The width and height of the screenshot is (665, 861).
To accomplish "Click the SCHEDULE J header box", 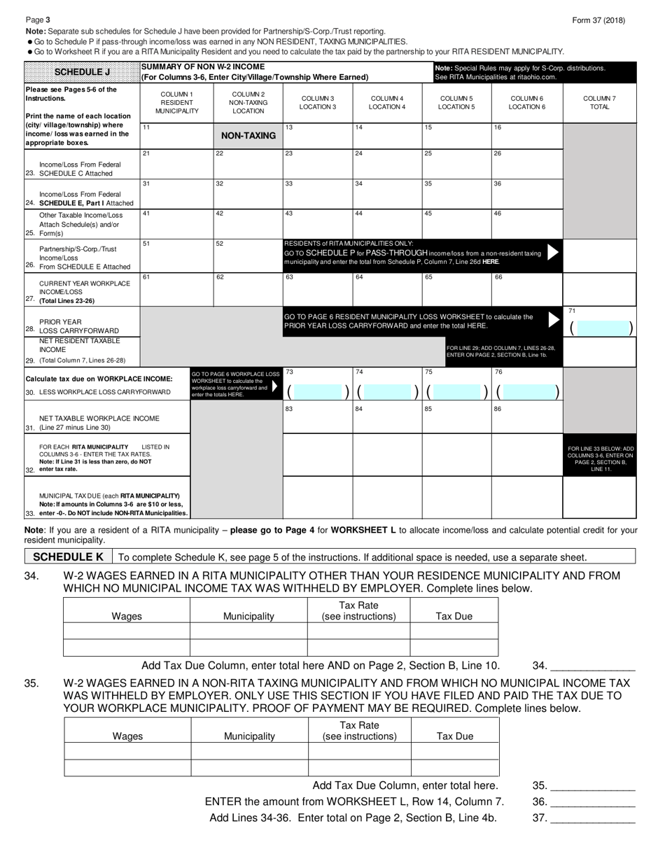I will point(82,71).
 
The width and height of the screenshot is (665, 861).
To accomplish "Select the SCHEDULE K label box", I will point(69,557).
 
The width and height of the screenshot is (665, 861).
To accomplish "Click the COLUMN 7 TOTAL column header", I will point(599,103).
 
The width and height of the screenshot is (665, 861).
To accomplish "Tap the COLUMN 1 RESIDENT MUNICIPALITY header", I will point(177,103).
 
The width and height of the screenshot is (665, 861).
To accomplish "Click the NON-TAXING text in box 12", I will point(248,136).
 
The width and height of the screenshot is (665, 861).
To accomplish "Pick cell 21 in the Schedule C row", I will point(177,164).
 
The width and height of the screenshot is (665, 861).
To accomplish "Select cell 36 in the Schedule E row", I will point(526,194).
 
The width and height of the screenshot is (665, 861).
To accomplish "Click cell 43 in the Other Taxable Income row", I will point(317,223).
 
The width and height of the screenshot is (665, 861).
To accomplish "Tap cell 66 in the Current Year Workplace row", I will point(526,288).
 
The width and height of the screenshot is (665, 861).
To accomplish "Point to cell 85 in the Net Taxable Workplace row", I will point(456,418).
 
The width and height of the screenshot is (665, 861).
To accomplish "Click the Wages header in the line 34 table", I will point(127,617).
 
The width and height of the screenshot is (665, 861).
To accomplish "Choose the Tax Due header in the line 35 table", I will point(455,736).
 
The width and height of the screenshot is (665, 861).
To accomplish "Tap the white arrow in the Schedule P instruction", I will point(553,253).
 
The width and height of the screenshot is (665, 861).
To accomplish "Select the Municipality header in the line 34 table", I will point(248,617).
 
